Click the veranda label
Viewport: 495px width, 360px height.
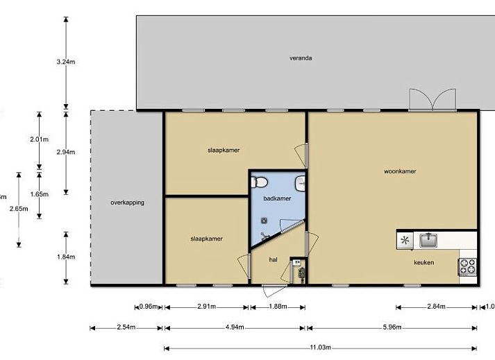[301, 58]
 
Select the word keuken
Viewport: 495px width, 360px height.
[423, 262]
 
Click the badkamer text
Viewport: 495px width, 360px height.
[277, 198]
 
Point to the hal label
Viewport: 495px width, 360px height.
[273, 259]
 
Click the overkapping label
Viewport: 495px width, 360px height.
[127, 203]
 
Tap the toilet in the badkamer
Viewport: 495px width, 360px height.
[260, 182]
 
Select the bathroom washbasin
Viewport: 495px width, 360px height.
[301, 183]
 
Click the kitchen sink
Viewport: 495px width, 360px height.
[427, 240]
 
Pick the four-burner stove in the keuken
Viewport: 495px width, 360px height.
[467, 266]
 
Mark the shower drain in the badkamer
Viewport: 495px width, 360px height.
[265, 221]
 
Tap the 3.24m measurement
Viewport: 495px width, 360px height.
[66, 62]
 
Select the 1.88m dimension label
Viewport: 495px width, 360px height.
[276, 307]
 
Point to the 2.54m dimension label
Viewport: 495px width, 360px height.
[126, 327]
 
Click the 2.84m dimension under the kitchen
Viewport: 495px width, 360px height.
[437, 307]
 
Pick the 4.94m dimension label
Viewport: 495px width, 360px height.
[234, 327]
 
